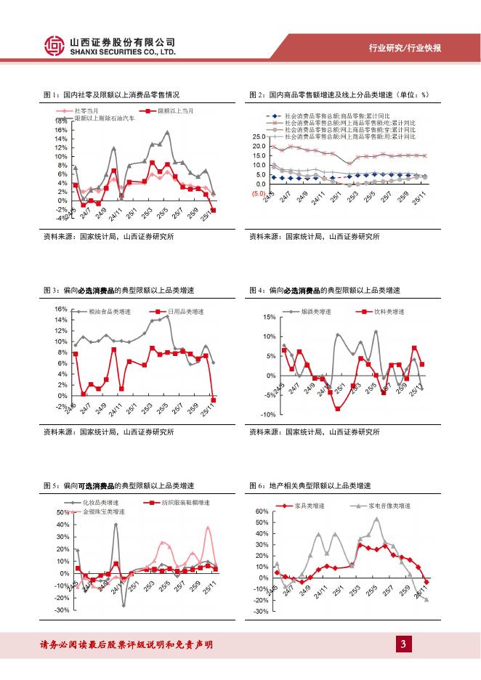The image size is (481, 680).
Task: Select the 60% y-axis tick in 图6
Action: (x=261, y=512)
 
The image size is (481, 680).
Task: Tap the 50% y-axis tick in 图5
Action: (x=62, y=513)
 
